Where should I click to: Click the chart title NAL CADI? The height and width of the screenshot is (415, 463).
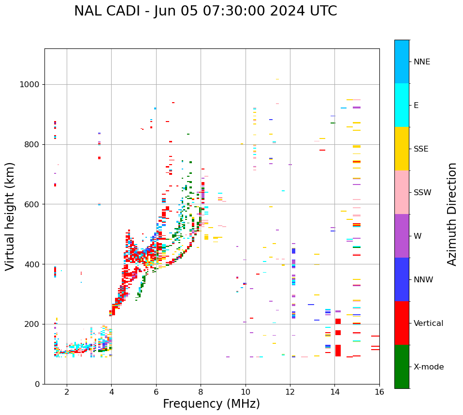tap(205, 11)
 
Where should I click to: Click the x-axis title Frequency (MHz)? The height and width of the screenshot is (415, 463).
tap(211, 404)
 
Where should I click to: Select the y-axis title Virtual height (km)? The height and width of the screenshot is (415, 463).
tap(10, 216)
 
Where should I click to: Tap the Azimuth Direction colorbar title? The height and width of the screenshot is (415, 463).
tap(452, 214)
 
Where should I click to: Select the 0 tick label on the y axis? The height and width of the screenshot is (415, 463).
tap(37, 384)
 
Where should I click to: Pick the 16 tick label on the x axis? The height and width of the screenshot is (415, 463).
tap(379, 391)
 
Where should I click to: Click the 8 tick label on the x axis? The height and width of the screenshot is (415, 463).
tap(201, 391)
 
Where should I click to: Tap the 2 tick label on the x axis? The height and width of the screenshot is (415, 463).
tap(67, 391)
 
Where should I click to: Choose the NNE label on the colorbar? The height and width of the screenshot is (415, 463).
tap(421, 62)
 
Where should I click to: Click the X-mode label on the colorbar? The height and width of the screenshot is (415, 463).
tap(429, 367)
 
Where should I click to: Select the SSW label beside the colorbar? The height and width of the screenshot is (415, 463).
tap(422, 193)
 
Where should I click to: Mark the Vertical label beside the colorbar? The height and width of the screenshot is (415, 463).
tap(428, 323)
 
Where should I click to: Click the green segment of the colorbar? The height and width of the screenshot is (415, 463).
tap(402, 367)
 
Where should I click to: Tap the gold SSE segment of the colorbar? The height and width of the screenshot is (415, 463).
tap(402, 149)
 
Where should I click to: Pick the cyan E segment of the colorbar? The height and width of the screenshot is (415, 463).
tap(402, 105)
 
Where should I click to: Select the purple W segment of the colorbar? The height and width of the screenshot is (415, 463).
tap(402, 236)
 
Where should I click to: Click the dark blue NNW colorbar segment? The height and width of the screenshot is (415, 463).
tap(402, 279)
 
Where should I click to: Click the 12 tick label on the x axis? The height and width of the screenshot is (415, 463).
tap(290, 391)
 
